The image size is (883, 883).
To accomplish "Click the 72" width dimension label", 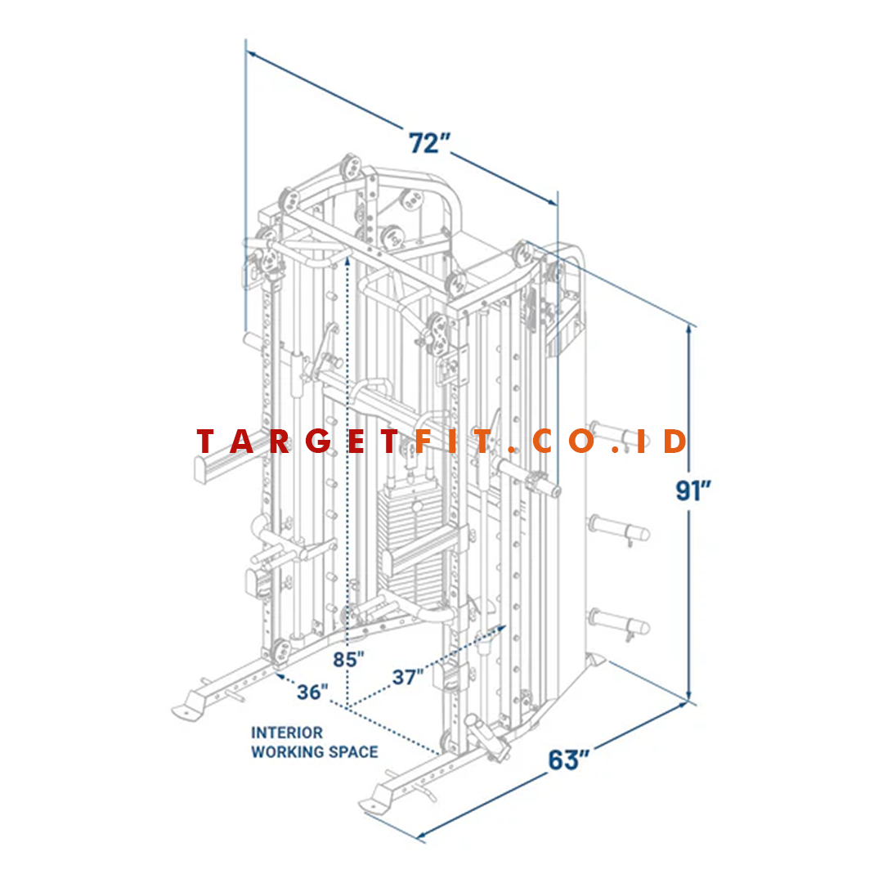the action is pos(429,143).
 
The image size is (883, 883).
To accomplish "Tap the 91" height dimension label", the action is pos(693,491).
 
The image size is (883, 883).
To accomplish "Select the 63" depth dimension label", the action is pos(569,760).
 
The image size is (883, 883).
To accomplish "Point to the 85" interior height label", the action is pos(348,660).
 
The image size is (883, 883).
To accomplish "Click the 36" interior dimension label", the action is pos(312,693).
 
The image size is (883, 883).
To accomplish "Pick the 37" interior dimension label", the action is pos(408,677).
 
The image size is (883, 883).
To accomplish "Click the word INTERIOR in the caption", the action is pos(287,733).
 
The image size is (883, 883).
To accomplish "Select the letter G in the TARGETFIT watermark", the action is pos(319,441).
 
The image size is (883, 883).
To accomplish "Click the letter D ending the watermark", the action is pos(675,441).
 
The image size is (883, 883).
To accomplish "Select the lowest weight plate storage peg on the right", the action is pos(620,623).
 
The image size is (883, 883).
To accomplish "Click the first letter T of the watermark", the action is pos(206,441).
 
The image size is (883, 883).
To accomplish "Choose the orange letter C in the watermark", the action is pos(544,441).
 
